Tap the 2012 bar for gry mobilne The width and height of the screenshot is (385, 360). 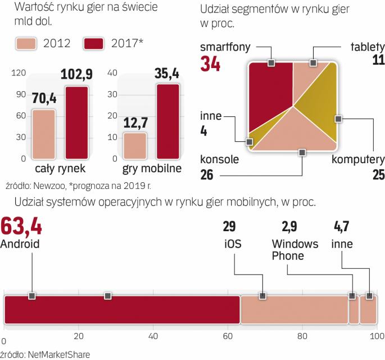(x=135, y=146)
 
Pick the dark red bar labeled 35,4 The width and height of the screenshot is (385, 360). (x=167, y=121)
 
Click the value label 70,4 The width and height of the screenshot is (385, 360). (x=44, y=100)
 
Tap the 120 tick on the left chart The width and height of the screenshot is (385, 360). (x=18, y=73)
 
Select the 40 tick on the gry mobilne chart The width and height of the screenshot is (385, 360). (x=111, y=73)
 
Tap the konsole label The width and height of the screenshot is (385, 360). (x=219, y=160)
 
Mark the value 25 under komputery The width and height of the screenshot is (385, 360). (x=377, y=175)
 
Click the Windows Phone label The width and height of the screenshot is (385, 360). (x=295, y=250)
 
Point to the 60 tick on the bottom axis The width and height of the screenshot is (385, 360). (x=227, y=337)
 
